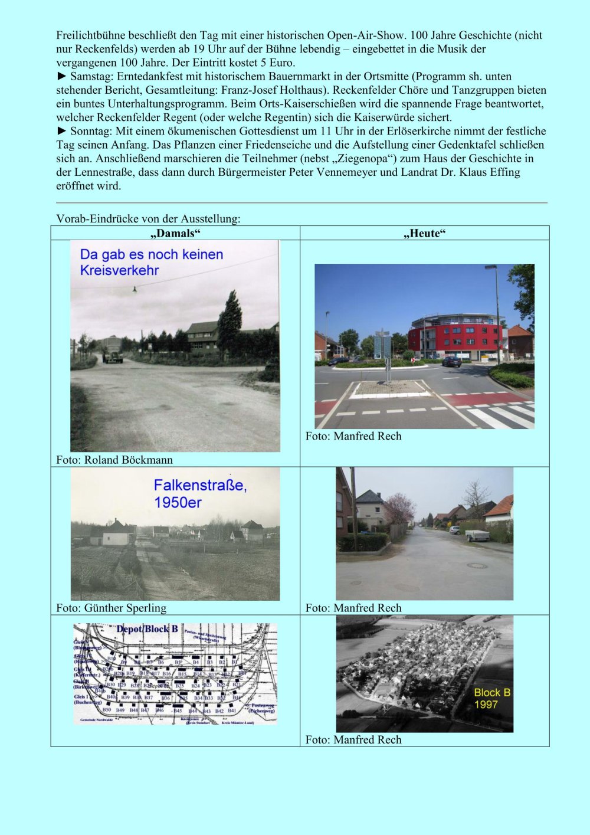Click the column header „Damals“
pyautogui.click(x=175, y=234)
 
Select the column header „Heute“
pyautogui.click(x=424, y=234)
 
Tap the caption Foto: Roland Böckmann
pyautogui.click(x=114, y=460)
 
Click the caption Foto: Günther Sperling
pyautogui.click(x=111, y=608)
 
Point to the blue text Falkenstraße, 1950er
pyautogui.click(x=199, y=493)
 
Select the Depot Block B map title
pyautogui.click(x=147, y=629)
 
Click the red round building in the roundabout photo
pyautogui.click(x=456, y=336)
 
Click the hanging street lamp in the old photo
pyautogui.click(x=135, y=289)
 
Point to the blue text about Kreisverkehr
pyautogui.click(x=151, y=262)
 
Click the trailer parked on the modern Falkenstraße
pyautogui.click(x=477, y=535)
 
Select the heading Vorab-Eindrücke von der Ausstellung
pyautogui.click(x=148, y=218)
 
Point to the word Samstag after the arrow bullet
pyautogui.click(x=92, y=77)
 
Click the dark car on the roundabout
pyautogui.click(x=451, y=361)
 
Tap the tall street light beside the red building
pyautogui.click(x=496, y=313)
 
